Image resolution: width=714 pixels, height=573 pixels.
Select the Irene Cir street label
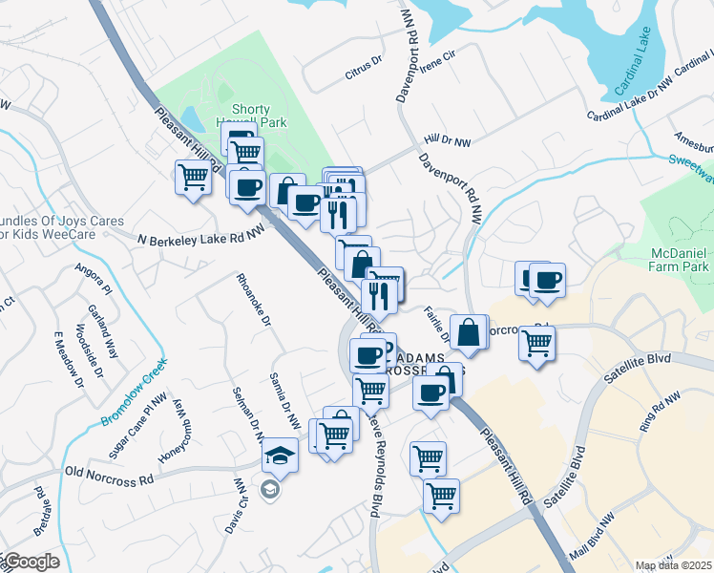click(x=437, y=57)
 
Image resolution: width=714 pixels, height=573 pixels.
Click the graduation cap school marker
click(x=281, y=454)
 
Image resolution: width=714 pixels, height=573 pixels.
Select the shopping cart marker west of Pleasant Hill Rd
click(x=193, y=177)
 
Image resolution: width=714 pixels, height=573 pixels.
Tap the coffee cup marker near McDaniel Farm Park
click(x=547, y=281)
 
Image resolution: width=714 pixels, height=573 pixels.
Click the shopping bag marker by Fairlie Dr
click(x=470, y=333)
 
